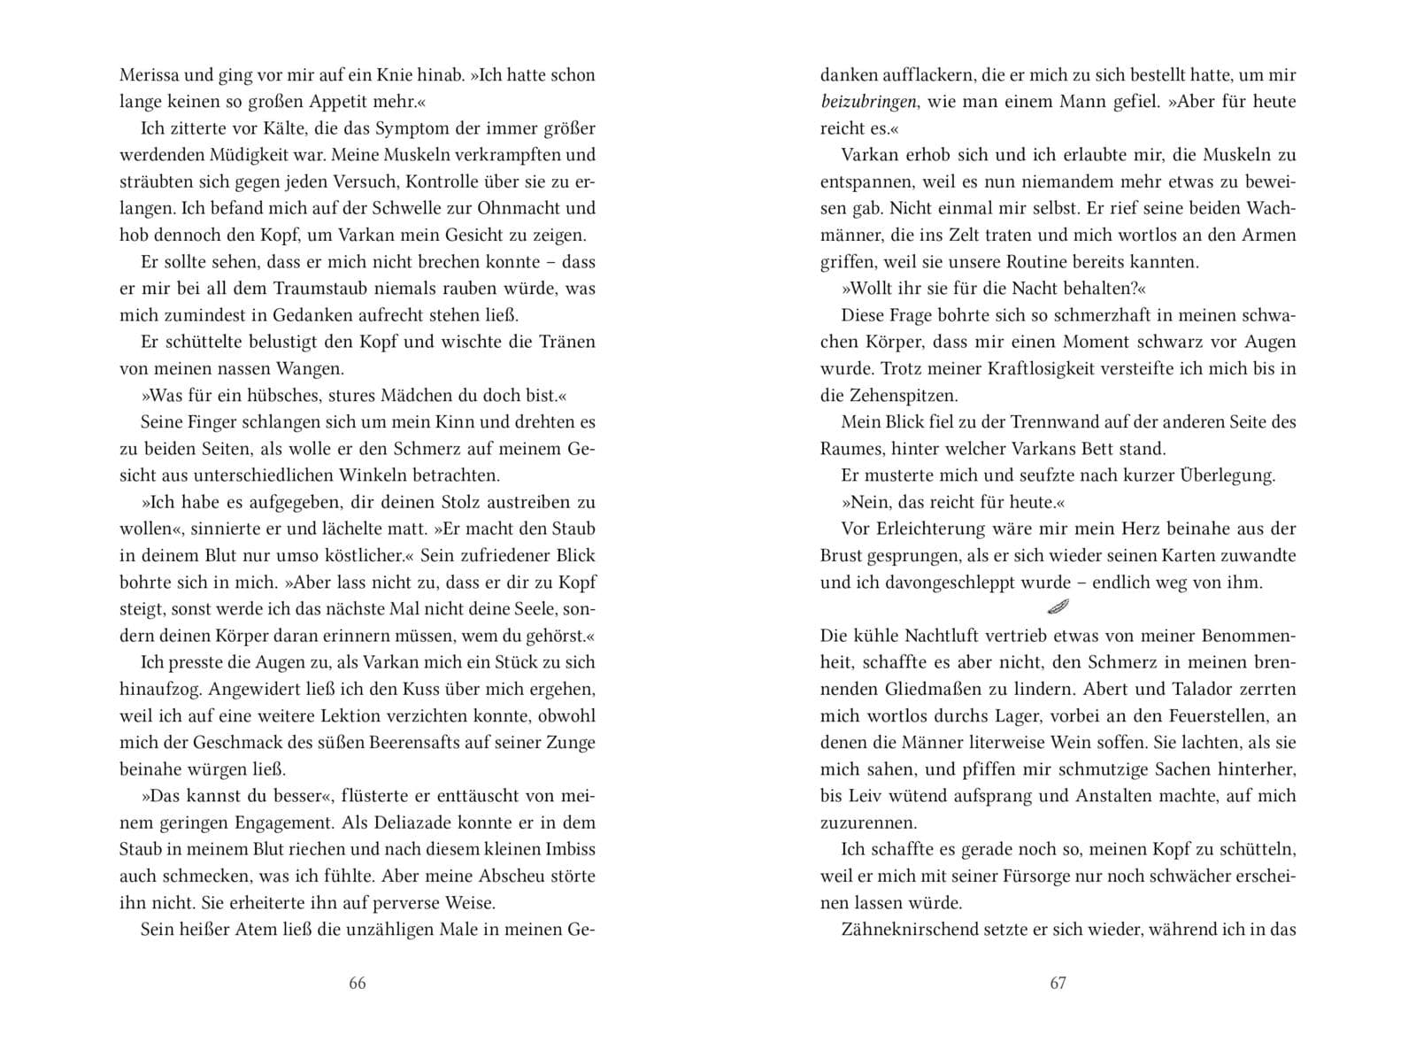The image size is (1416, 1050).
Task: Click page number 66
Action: pos(358,984)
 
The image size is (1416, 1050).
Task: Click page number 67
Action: pos(1058,984)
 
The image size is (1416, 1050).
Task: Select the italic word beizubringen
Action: pos(867,102)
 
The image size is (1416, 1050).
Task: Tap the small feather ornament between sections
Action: pos(1058,606)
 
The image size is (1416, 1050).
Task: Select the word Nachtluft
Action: pos(944,636)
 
